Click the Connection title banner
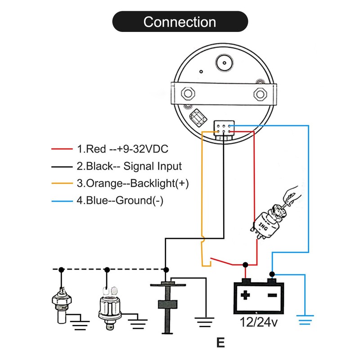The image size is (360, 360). point(180,22)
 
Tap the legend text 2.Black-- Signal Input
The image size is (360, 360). point(129,166)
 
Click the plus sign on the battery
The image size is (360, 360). point(245,296)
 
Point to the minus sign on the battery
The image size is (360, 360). point(272,296)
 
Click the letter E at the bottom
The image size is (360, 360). point(220,343)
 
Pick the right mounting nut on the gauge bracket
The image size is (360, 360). point(260,93)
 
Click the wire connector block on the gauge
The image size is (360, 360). point(224,128)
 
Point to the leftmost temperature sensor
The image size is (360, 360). point(61,304)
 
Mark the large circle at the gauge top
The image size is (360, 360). point(224,62)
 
